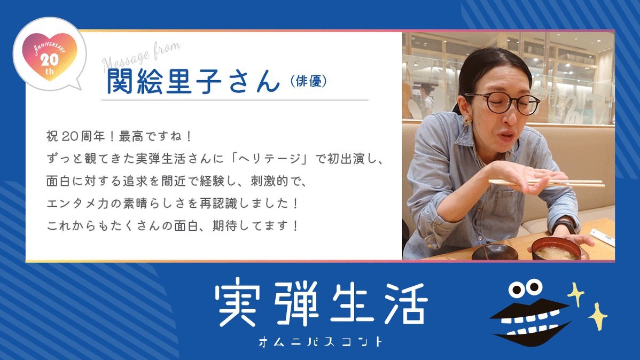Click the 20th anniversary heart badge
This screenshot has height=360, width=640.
49,56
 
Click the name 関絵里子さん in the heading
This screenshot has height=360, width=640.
193,81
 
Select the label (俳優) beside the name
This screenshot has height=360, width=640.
309,81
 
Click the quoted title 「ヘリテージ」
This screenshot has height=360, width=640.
269,158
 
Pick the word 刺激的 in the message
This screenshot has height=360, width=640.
269,181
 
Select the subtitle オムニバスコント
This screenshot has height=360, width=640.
321,342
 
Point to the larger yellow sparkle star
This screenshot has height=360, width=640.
598,316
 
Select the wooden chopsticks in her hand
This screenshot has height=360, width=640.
547,183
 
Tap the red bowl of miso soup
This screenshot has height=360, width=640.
556,249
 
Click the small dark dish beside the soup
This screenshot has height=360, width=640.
495,252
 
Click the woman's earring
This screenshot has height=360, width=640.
466,120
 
